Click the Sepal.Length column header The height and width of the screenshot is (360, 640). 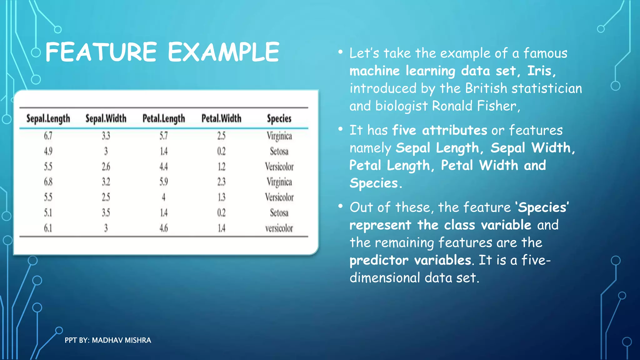[x=48, y=118]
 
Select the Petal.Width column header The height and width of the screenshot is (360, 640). [x=221, y=118]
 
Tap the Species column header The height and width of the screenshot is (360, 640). [x=279, y=118]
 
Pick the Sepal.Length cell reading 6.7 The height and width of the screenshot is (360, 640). [x=48, y=136]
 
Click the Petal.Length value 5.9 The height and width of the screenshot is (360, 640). [x=164, y=182]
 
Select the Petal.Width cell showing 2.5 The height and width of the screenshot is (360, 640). [x=221, y=136]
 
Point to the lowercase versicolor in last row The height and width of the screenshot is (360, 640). [x=279, y=228]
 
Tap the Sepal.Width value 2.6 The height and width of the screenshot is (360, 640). [x=106, y=167]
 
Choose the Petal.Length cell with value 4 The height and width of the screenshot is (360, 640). [x=163, y=197]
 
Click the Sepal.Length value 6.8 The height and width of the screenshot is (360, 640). [x=48, y=182]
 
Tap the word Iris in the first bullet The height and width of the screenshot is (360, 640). [x=539, y=71]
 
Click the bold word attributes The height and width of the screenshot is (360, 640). [x=454, y=130]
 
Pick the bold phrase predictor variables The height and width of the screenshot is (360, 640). [x=410, y=260]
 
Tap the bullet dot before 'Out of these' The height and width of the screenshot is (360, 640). [x=340, y=206]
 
